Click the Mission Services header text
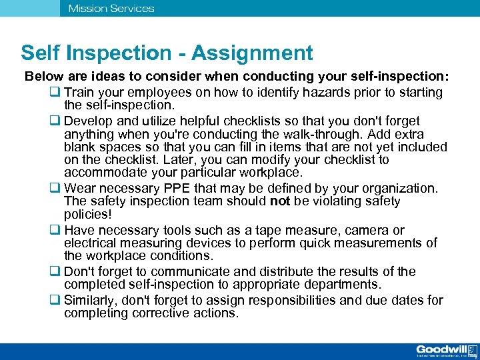(x=111, y=9)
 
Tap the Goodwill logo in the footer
(x=445, y=351)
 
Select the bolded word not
(x=281, y=201)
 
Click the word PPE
(x=195, y=188)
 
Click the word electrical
(x=91, y=243)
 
